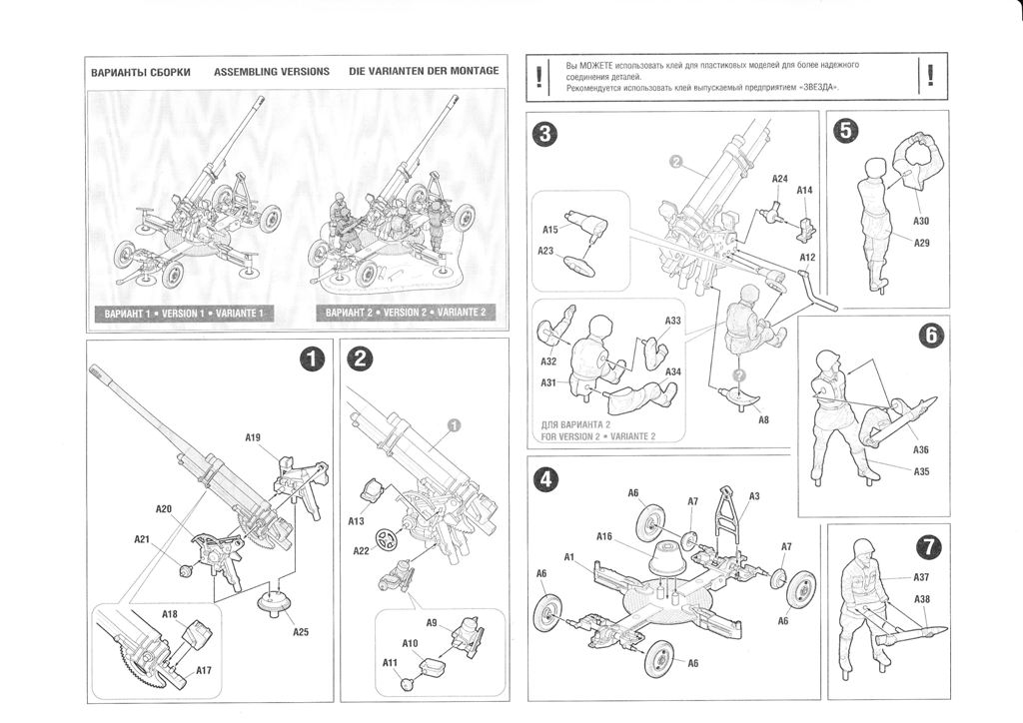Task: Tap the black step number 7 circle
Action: pyautogui.click(x=927, y=546)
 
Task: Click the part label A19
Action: pyautogui.click(x=253, y=437)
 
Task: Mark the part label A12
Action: pyautogui.click(x=807, y=258)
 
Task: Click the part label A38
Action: pyautogui.click(x=922, y=599)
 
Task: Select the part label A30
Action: pyautogui.click(x=921, y=221)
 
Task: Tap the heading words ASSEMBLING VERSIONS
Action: pyautogui.click(x=272, y=73)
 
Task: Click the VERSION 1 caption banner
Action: pyautogui.click(x=184, y=313)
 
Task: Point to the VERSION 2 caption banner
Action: pyautogui.click(x=405, y=313)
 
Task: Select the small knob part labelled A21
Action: pyautogui.click(x=184, y=571)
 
